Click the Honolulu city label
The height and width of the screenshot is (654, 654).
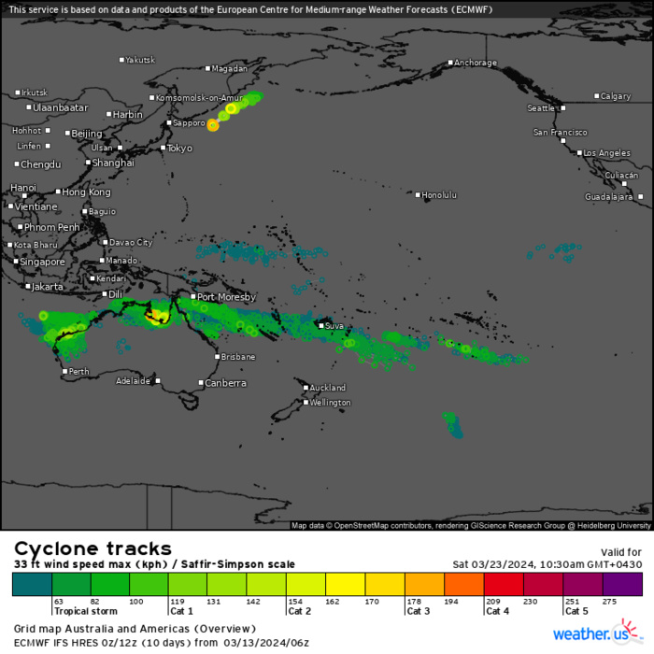pos(439,195)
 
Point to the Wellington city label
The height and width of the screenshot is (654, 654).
pos(331,403)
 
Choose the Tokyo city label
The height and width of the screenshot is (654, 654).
pos(179,149)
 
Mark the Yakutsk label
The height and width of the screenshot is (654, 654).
pos(140,60)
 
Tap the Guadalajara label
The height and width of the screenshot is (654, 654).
pos(609,197)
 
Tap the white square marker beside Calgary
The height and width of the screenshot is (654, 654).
pos(597,96)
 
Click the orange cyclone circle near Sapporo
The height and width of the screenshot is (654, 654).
pos(212,125)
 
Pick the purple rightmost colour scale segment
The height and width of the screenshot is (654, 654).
pos(622,584)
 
